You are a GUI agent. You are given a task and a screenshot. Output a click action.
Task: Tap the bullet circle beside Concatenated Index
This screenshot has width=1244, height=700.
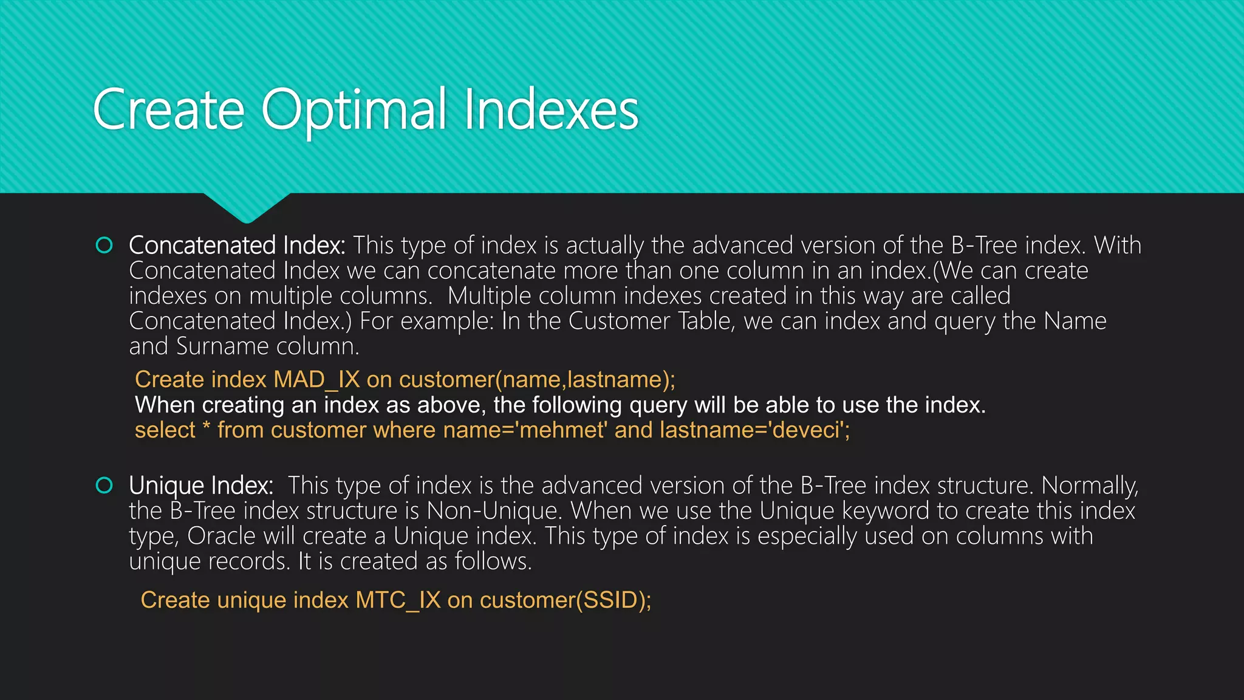[x=104, y=245]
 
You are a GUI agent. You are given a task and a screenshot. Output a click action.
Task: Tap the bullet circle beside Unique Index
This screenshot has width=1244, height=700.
[x=104, y=486]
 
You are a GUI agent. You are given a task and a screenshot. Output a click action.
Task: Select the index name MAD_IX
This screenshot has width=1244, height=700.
[x=316, y=380]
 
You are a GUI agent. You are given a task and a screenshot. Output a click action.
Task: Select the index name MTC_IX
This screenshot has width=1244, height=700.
[x=398, y=600]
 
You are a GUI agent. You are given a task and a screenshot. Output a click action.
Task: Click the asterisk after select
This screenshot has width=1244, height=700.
[x=207, y=428]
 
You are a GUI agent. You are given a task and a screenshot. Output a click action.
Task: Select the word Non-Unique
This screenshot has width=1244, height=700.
[x=492, y=511]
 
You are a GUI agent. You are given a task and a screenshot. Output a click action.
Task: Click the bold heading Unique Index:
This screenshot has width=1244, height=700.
[x=200, y=486]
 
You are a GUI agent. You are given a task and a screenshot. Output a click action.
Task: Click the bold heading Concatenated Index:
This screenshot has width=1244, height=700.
[x=237, y=245]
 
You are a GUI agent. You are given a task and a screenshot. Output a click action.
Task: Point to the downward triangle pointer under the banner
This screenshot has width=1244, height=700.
[x=247, y=207]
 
